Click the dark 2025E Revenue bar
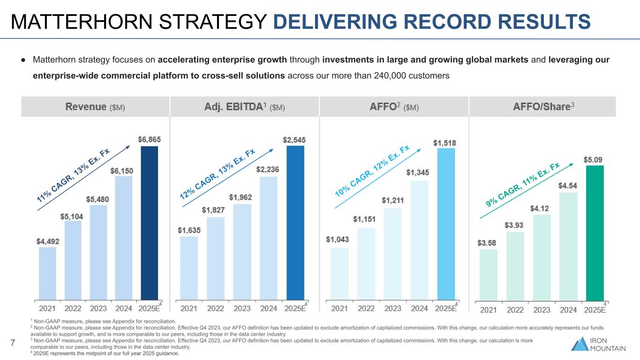click(x=150, y=223)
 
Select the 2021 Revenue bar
click(x=47, y=273)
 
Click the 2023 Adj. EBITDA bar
click(x=242, y=252)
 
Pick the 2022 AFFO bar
click(x=366, y=263)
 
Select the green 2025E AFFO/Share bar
click(x=595, y=233)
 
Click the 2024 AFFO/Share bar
click(x=568, y=246)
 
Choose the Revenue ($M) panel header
click(x=95, y=107)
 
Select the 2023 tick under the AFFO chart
click(x=393, y=308)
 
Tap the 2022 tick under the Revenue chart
click(x=73, y=308)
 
